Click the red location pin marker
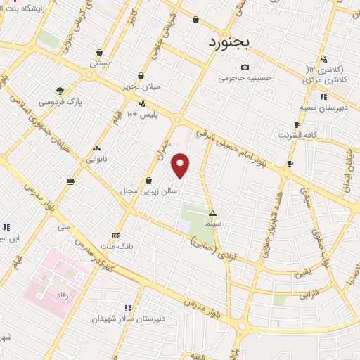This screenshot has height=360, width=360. point(181,165)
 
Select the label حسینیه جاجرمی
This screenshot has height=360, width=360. point(244,77)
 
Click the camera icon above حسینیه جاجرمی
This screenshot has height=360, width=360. point(245,67)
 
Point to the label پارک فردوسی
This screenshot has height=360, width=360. point(79,102)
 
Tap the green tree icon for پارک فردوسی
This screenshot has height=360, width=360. point(60,91)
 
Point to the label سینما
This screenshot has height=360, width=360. point(213,222)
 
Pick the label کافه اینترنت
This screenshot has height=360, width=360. point(297,134)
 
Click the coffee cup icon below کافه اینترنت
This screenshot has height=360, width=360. point(289,164)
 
